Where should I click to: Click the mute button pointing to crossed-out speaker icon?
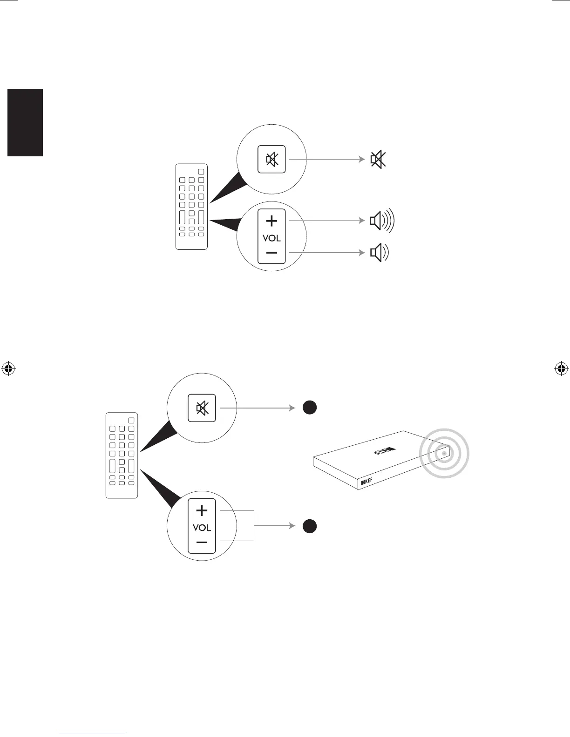(x=271, y=160)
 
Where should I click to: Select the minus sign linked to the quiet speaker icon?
(x=271, y=253)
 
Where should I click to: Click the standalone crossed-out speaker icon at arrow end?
(x=378, y=160)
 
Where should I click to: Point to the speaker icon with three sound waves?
(x=381, y=221)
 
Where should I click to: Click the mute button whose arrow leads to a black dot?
(x=202, y=408)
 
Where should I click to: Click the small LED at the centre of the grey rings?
(x=444, y=453)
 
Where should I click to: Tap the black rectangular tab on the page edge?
(x=25, y=122)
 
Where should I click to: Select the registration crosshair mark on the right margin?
(x=561, y=369)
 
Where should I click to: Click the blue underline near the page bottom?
(x=93, y=733)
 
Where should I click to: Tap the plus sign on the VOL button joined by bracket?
(x=202, y=511)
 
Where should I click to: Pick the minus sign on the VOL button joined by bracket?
(x=202, y=542)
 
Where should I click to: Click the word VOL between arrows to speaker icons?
(x=271, y=238)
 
